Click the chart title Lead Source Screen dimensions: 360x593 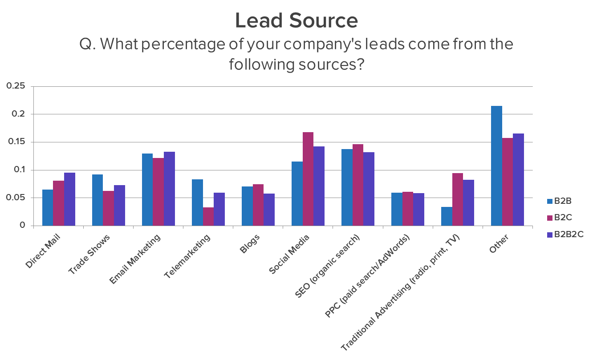[296, 21]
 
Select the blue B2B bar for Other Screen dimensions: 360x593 [496, 166]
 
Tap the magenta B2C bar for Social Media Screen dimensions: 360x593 [308, 179]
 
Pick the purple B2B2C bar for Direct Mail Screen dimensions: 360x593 [69, 199]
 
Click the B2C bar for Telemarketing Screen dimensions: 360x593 [208, 217]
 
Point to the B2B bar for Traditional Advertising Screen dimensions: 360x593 [447, 216]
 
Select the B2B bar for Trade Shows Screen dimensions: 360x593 [97, 200]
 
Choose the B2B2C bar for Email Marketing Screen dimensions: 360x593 [169, 189]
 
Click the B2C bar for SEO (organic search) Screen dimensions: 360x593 [357, 185]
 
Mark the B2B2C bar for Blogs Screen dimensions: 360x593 [269, 210]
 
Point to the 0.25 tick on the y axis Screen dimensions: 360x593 [16, 86]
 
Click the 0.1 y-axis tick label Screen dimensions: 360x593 [19, 170]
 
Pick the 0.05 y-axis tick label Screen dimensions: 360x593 [16, 198]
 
